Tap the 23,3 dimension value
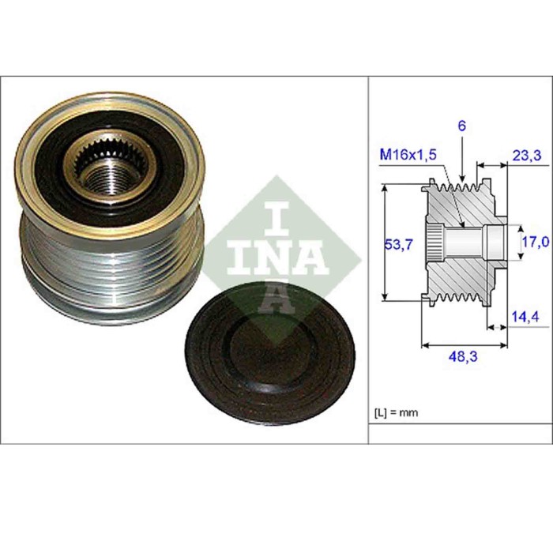pyautogui.click(x=525, y=156)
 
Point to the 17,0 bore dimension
pyautogui.click(x=535, y=241)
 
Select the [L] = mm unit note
pyautogui.click(x=396, y=412)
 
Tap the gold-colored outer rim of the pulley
pyautogui.click(x=32, y=197)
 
